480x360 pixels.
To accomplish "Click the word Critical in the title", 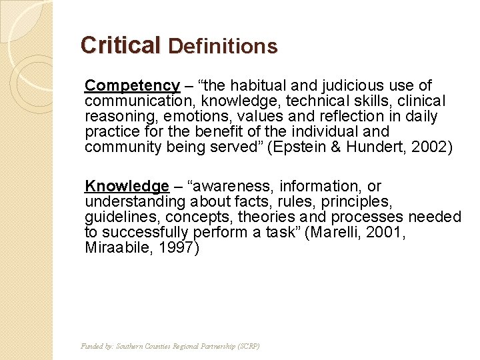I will (120, 45).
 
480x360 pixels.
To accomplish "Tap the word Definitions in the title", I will (223, 46).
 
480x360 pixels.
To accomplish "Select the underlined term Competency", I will (132, 86).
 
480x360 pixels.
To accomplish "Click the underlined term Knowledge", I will (127, 187).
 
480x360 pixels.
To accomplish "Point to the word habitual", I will (256, 86).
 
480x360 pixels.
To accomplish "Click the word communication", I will (134, 101).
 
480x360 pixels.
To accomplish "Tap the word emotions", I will (193, 117).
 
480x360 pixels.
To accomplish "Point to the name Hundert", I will (369, 147).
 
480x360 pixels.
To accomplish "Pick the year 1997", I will (178, 248).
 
